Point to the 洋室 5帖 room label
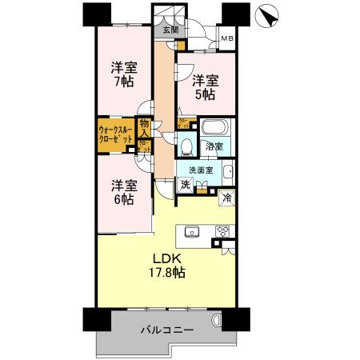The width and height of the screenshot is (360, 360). pyautogui.click(x=204, y=86)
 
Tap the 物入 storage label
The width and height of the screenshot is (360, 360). pyautogui.click(x=144, y=127)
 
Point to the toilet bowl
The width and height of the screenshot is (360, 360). pyautogui.click(x=186, y=146)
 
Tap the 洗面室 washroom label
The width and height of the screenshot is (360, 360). pyautogui.click(x=200, y=170)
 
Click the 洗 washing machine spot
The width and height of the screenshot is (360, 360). pyautogui.click(x=184, y=185)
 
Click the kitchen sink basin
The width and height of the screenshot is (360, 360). pyautogui.click(x=192, y=231)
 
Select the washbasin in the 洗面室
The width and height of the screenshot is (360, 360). pyautogui.click(x=227, y=170)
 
